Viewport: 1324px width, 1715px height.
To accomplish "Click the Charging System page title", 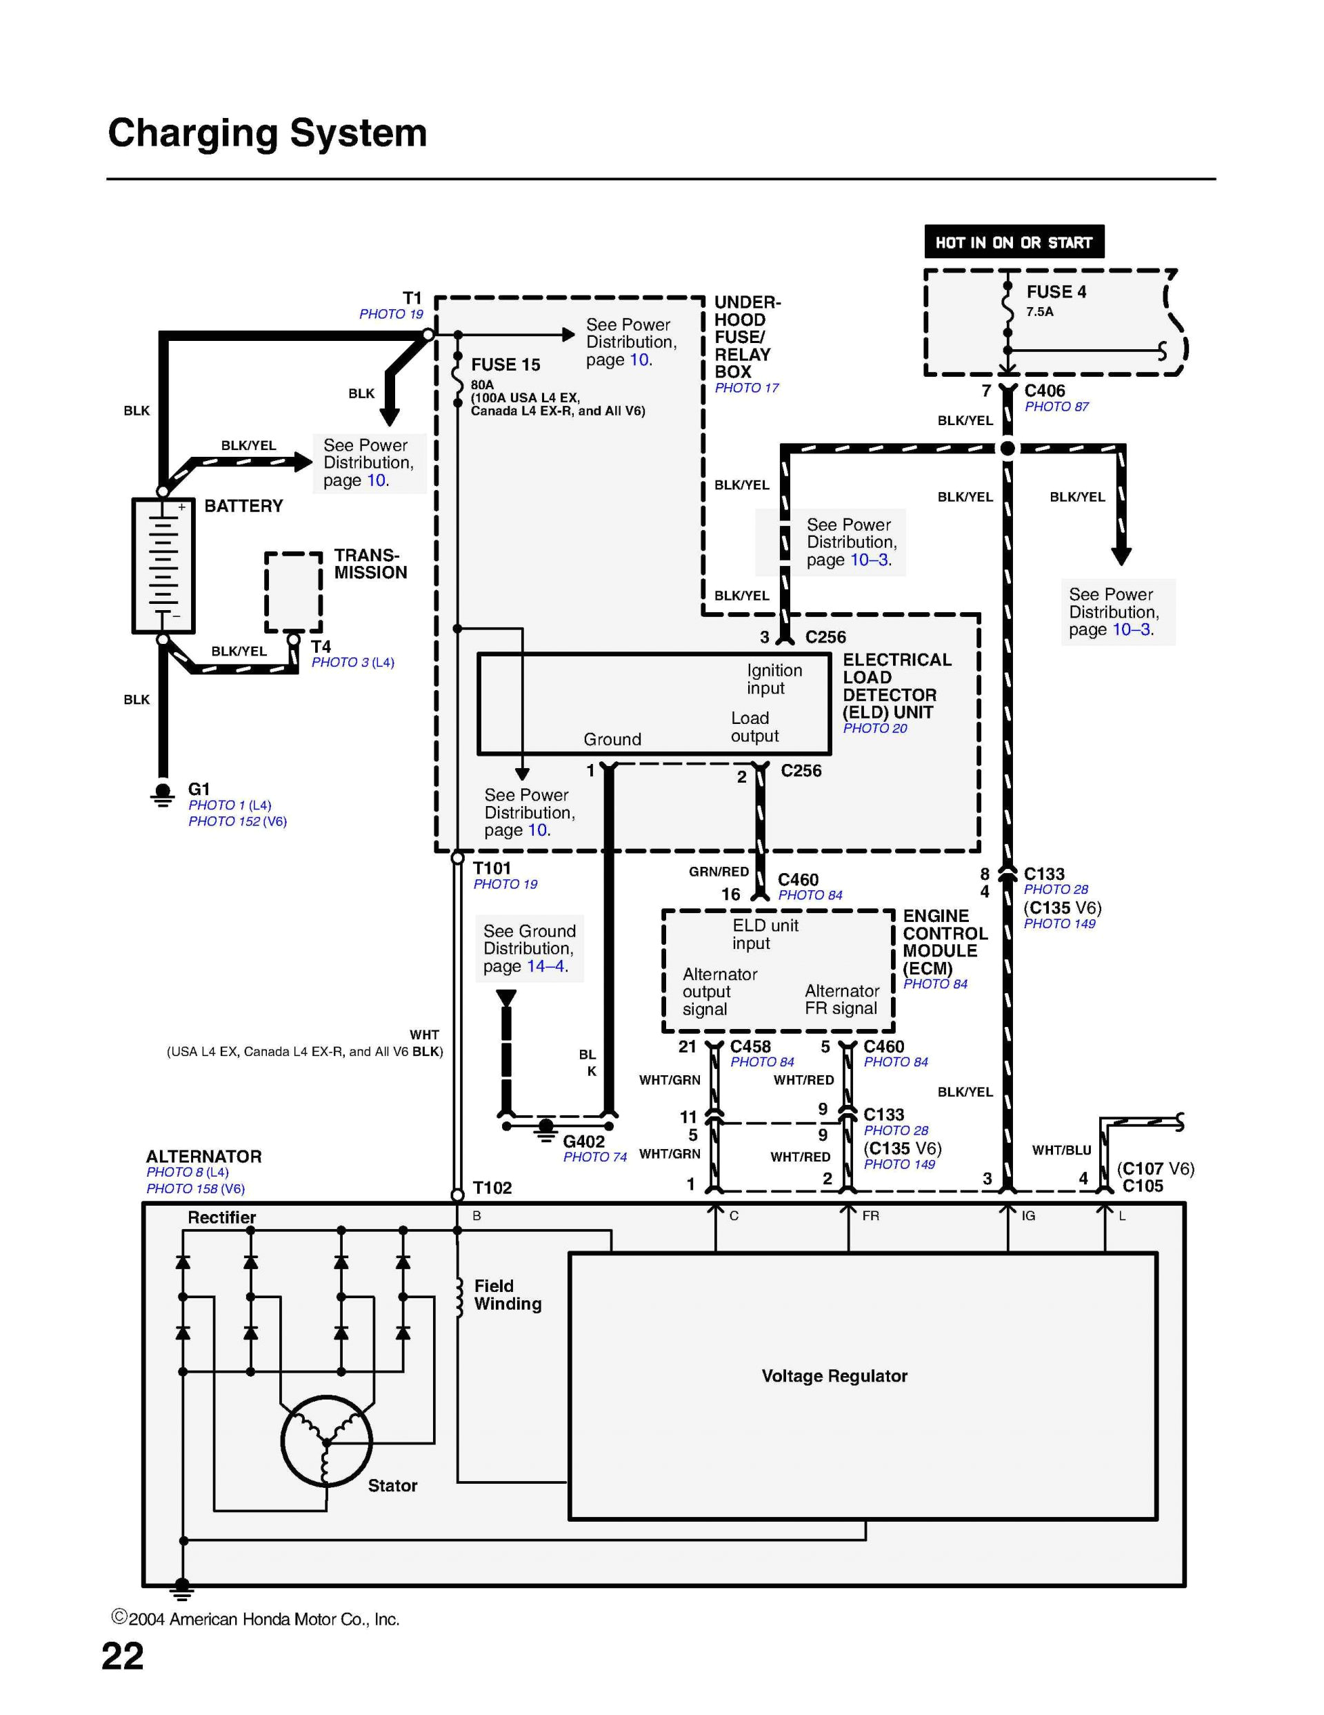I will (x=267, y=133).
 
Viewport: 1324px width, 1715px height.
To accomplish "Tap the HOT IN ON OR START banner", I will (x=1013, y=242).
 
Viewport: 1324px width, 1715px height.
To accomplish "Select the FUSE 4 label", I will (x=1056, y=292).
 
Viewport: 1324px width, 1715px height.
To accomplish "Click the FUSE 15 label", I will (x=505, y=364).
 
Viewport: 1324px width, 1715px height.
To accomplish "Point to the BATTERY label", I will (x=243, y=506).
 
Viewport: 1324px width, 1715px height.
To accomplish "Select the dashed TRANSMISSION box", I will (x=293, y=591).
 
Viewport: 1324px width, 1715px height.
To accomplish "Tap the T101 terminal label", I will (x=491, y=868).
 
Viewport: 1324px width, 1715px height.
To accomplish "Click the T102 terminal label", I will (x=492, y=1187).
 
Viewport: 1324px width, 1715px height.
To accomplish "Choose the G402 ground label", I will (x=583, y=1141).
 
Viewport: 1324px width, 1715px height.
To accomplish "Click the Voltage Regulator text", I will (x=834, y=1375).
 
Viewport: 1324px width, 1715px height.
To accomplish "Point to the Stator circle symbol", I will (x=325, y=1441).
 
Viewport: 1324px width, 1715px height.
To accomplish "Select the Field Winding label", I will (x=507, y=1295).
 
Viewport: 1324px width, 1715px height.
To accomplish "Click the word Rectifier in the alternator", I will (x=221, y=1217).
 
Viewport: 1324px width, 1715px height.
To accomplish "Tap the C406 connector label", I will (x=1044, y=390).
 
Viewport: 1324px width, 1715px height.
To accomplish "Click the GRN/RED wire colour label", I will (x=718, y=872).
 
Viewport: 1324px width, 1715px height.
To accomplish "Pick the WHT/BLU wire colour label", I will (x=1061, y=1150).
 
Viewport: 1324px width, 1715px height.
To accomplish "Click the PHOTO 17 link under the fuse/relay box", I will (x=745, y=388).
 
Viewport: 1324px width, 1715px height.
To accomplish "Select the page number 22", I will (x=123, y=1656).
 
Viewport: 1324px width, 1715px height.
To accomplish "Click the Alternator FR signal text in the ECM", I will (x=841, y=999).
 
